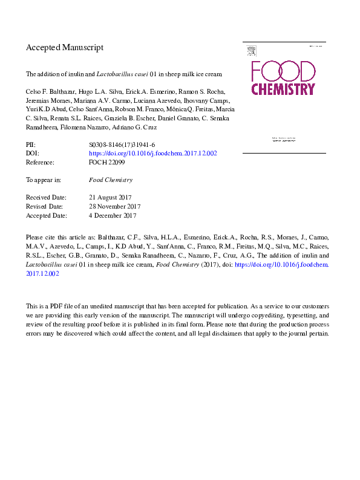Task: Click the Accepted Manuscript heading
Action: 65,47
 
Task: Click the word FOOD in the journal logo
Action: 283,71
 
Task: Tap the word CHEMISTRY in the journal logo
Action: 283,89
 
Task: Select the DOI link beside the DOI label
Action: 152,154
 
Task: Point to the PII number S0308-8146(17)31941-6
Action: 122,145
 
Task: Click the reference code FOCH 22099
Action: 106,162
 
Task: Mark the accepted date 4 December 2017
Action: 112,215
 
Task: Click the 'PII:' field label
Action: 30,145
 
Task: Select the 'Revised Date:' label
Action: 45,206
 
